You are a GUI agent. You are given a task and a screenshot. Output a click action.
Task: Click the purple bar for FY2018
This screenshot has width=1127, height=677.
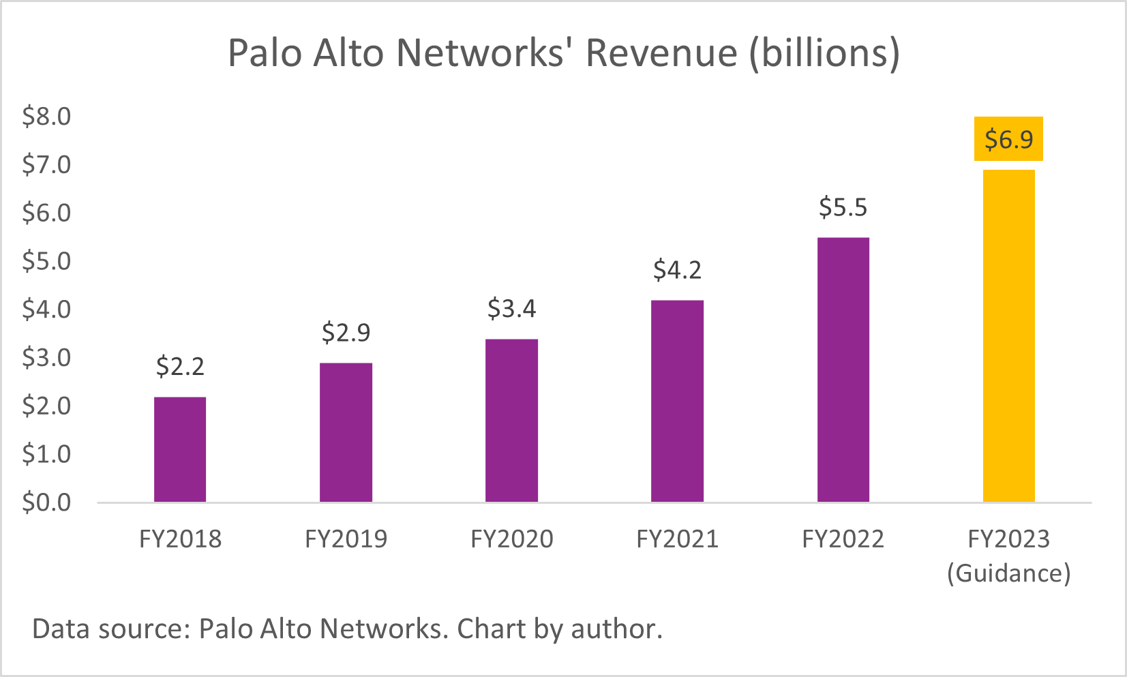[x=180, y=449]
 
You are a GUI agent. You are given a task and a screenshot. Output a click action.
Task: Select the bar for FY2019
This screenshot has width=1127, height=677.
[x=346, y=432]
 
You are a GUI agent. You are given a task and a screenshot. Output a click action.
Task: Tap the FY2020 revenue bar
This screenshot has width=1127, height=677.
[x=511, y=421]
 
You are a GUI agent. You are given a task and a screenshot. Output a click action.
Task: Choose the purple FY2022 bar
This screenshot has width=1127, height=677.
[x=843, y=370]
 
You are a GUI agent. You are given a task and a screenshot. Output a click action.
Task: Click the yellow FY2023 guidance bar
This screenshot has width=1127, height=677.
[x=1009, y=335]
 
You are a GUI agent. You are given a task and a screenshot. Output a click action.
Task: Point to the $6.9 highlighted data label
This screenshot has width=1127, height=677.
[x=1009, y=140]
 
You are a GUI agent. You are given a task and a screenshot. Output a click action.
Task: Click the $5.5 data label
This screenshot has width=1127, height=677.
[x=843, y=207]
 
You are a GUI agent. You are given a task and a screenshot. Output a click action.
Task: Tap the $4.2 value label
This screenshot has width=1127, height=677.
[x=677, y=271]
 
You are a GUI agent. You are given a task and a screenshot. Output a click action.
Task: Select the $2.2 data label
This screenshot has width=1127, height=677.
[x=180, y=367]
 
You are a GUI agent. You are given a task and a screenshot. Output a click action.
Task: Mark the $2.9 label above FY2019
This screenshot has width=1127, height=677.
[x=346, y=333]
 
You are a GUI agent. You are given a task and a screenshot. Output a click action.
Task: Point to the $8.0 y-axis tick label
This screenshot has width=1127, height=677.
[x=46, y=117]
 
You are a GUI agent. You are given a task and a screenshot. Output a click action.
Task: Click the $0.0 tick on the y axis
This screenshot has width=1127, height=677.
[x=46, y=502]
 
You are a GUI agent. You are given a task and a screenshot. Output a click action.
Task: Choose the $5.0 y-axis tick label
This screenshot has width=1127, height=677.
[x=46, y=261]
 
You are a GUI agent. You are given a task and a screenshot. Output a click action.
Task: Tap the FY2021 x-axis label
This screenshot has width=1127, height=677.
[x=677, y=539]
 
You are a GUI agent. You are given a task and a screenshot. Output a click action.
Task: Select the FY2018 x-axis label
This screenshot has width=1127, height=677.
[x=180, y=539]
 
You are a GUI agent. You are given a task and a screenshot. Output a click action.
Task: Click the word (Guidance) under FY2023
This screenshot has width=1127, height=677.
[x=1009, y=573]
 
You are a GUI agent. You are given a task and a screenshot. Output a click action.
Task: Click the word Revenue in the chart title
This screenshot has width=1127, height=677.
[x=661, y=52]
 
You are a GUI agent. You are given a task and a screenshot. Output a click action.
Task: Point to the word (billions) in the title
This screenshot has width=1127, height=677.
[x=824, y=54]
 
